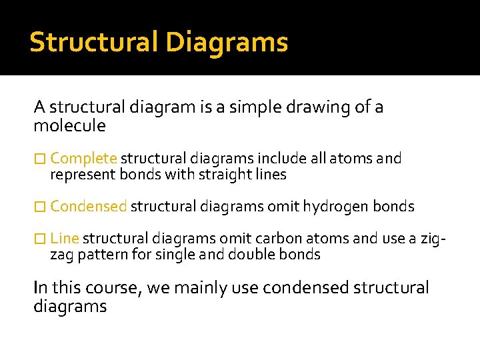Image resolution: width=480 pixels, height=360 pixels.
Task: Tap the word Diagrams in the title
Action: [227, 42]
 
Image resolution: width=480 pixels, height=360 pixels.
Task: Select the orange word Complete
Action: [83, 159]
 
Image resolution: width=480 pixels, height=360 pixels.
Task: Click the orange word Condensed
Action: [88, 207]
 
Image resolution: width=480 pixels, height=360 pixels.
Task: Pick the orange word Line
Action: [64, 239]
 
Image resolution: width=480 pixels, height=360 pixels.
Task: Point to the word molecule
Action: [69, 125]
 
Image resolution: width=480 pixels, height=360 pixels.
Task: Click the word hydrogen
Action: [335, 207]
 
